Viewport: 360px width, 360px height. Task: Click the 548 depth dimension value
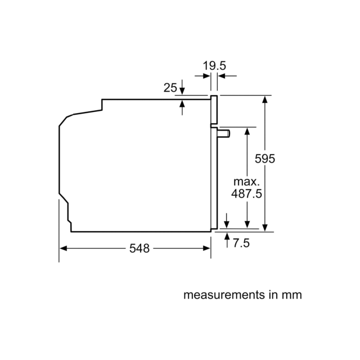tap(139, 249)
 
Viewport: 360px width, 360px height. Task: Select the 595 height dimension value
tap(265, 159)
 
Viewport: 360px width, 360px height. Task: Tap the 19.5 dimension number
tap(214, 66)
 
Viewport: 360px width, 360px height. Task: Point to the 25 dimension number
tap(170, 88)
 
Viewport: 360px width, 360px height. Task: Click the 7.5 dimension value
tap(241, 243)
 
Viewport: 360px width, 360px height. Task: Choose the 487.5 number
tap(246, 193)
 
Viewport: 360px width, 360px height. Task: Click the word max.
tap(246, 182)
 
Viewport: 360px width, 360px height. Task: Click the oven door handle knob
tap(224, 134)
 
